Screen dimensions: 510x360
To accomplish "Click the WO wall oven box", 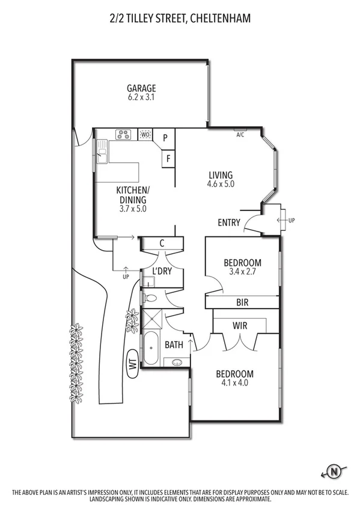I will (x=145, y=135).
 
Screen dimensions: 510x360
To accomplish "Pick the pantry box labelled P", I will (x=167, y=138).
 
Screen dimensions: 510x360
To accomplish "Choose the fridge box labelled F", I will (x=168, y=159).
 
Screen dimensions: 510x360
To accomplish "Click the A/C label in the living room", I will (x=240, y=135).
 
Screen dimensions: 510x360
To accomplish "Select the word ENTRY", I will (x=229, y=223).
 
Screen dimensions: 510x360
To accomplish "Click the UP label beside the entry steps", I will (x=292, y=221).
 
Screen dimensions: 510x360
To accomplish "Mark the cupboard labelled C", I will (x=162, y=244).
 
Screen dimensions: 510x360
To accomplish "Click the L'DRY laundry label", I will (x=162, y=271).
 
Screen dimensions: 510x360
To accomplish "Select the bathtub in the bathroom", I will (x=150, y=348).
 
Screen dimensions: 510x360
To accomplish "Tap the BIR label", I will (x=243, y=303).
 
